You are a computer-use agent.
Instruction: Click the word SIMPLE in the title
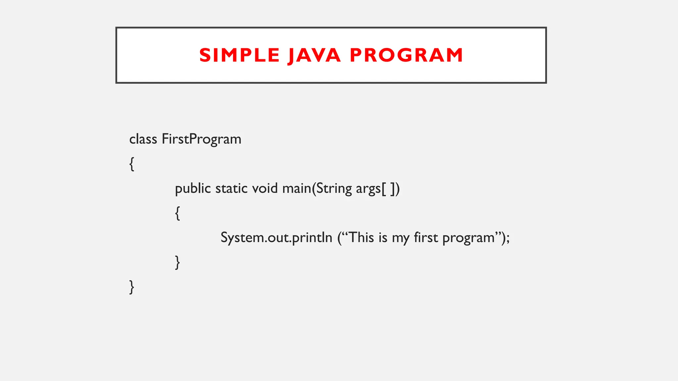[x=239, y=55]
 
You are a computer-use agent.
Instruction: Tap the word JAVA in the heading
[x=314, y=55]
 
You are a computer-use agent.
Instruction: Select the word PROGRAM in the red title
[x=406, y=55]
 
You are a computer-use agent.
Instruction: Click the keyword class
[x=143, y=139]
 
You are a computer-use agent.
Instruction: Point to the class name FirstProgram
[x=201, y=139]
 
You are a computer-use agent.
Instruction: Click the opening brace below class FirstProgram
[x=132, y=164]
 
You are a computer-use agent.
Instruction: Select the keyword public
[x=193, y=189]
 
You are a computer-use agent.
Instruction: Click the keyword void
[x=265, y=189]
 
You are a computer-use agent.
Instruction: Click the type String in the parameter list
[x=334, y=189]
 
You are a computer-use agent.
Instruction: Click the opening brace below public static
[x=177, y=213]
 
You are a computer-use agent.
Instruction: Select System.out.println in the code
[x=276, y=238]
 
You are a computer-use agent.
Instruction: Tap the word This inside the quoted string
[x=362, y=237]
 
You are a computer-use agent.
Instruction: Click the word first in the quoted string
[x=426, y=237]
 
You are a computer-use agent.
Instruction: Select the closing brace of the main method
[x=177, y=262]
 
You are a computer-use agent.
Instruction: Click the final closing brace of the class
[x=132, y=287]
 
